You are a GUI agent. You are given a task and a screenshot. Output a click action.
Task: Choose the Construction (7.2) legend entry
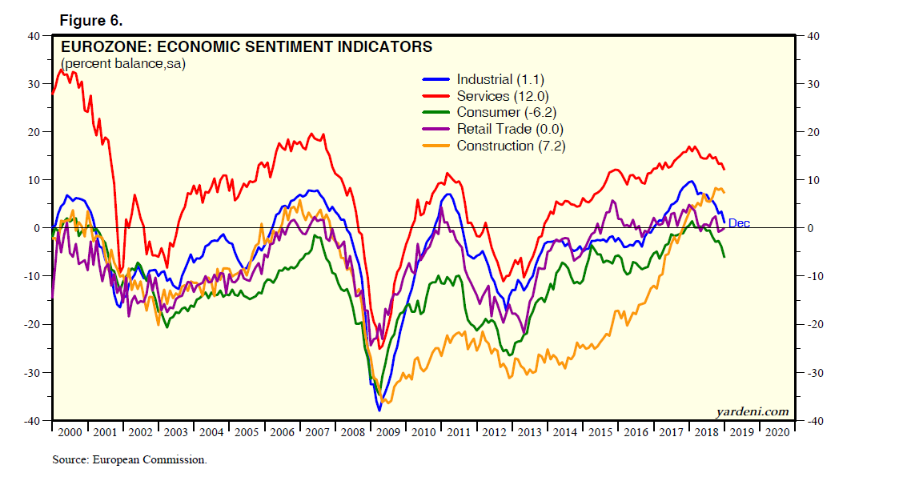point(511,146)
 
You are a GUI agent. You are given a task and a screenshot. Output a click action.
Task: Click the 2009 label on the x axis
point(388,432)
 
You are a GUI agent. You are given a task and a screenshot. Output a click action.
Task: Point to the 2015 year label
point(600,432)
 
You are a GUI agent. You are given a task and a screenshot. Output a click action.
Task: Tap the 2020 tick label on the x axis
point(777,432)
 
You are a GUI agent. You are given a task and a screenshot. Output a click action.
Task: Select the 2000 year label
point(70,432)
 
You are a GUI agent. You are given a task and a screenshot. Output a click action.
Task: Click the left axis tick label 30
point(34,84)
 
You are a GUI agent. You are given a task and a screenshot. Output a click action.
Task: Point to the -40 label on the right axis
point(814,421)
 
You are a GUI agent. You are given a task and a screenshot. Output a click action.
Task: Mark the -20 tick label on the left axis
point(32,325)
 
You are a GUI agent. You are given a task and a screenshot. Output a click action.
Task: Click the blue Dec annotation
point(739,224)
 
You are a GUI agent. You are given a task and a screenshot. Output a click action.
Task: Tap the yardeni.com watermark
point(752,412)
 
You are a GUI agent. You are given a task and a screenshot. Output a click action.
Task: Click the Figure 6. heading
point(90,19)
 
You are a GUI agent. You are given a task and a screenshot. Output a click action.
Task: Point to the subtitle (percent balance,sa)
point(122,63)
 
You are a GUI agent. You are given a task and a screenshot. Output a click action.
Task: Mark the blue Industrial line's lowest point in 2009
point(379,411)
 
